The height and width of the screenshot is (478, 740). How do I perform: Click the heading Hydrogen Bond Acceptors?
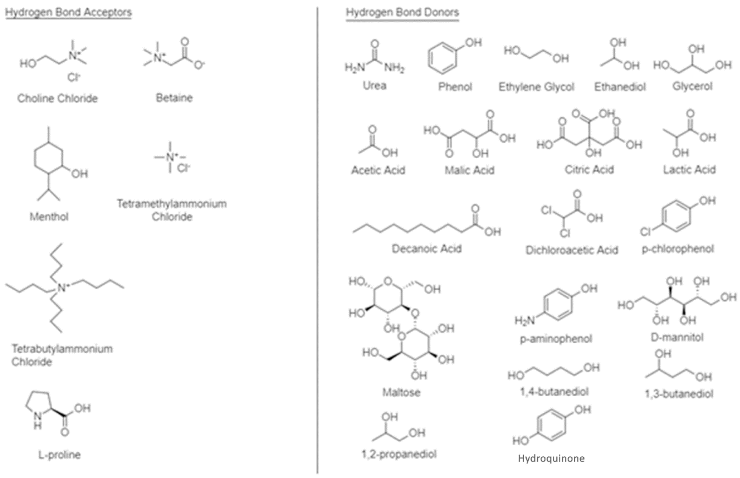pos(68,12)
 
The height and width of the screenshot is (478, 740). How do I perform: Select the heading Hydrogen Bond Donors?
pos(402,12)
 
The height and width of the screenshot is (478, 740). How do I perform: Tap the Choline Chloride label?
pos(57,98)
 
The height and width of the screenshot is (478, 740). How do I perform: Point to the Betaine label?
pos(174,98)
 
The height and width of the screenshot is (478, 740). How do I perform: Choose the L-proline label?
pos(59,455)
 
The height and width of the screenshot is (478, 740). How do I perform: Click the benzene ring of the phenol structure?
pos(442,58)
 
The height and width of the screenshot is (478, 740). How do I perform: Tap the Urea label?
pos(374,85)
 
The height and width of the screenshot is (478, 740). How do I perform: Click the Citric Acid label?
pos(589,169)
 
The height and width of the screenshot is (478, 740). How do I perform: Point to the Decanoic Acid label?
pos(427,249)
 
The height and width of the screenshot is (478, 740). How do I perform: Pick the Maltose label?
pos(401,392)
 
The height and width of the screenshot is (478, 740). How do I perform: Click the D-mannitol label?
pos(677,337)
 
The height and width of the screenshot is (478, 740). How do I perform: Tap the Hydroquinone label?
pos(551,458)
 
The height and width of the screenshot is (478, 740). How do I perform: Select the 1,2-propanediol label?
pos(399,454)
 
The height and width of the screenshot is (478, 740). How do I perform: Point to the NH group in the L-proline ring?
pos(38,419)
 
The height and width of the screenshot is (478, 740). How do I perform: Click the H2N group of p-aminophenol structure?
pos(525,320)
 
